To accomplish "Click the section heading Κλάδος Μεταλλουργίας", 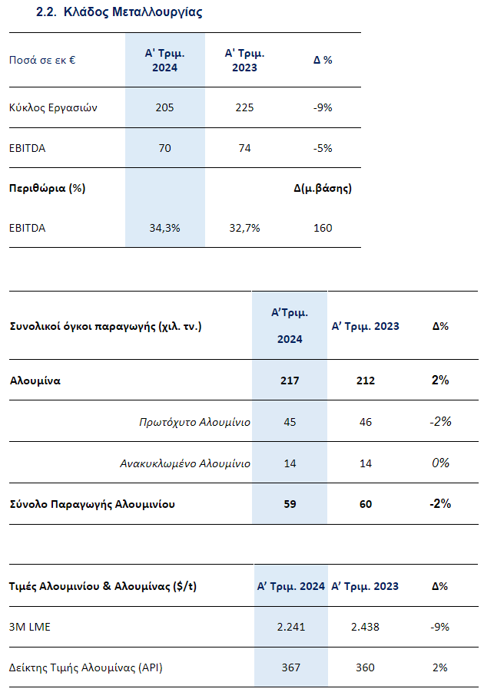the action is tap(133, 12).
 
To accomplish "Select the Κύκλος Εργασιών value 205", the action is tap(165, 107).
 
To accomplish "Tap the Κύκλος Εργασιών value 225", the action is tap(244, 107).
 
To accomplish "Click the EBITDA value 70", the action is tap(165, 148).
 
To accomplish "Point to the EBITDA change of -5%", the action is tap(323, 148).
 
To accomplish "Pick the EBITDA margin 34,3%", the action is tap(165, 228).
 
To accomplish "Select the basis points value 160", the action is tap(323, 228).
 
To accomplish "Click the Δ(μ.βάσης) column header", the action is tap(323, 189).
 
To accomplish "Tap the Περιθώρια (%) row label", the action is tap(48, 189).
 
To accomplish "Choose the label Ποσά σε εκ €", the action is tap(42, 60).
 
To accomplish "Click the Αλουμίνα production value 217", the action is tap(290, 381).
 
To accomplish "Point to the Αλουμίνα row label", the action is tap(35, 381).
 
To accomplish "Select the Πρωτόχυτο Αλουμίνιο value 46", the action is tap(366, 422).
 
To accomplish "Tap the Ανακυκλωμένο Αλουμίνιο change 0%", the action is tap(440, 463).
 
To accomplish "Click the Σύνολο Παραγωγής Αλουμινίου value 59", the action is tap(290, 504).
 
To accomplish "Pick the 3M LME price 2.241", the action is tap(290, 627).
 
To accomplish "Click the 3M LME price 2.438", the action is tap(365, 627).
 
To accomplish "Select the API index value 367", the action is tap(290, 667).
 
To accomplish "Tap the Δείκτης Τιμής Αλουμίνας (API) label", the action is tap(86, 667).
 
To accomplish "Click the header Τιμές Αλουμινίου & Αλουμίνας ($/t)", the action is tap(103, 587).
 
